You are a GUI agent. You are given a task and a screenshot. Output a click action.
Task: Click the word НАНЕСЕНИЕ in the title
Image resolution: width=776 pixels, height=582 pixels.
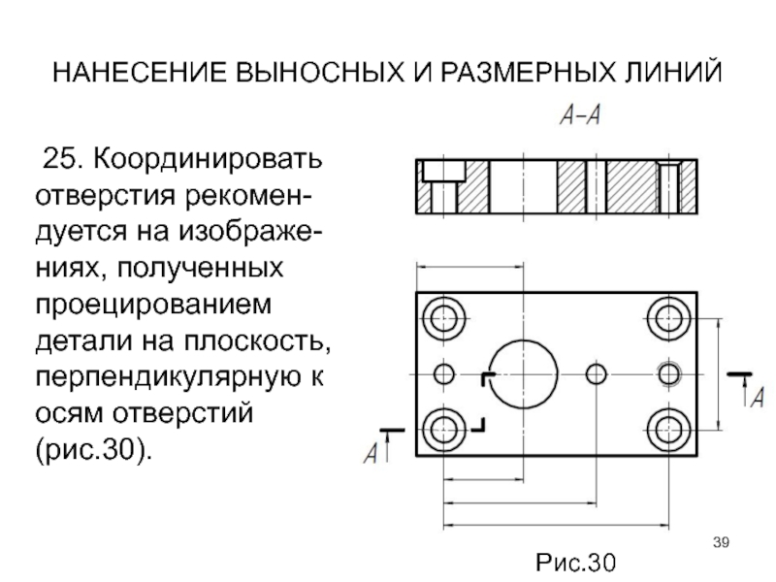pyautogui.click(x=140, y=72)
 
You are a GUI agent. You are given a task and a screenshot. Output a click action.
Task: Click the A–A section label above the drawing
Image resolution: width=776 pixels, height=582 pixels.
pyautogui.click(x=580, y=115)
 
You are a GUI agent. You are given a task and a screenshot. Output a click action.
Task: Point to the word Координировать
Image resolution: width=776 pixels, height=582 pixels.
pyautogui.click(x=208, y=160)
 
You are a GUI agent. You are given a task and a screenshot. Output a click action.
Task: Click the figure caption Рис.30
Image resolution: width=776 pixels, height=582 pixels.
pyautogui.click(x=576, y=563)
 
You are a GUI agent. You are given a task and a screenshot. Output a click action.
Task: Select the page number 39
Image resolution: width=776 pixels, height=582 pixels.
pyautogui.click(x=721, y=542)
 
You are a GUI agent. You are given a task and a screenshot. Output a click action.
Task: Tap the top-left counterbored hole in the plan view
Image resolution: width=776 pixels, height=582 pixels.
pyautogui.click(x=444, y=318)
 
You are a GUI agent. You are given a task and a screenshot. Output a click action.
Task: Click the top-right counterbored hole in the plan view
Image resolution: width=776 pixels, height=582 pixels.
pyautogui.click(x=668, y=318)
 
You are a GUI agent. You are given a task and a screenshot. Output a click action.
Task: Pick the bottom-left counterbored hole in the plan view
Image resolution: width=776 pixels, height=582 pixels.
pyautogui.click(x=444, y=430)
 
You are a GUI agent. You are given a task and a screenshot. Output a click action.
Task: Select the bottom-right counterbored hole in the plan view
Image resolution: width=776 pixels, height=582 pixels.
pyautogui.click(x=668, y=430)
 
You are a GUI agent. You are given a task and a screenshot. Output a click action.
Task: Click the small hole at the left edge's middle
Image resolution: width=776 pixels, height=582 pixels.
pyautogui.click(x=444, y=374)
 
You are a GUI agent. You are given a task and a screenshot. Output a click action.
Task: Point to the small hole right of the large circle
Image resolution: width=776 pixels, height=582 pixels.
pyautogui.click(x=597, y=374)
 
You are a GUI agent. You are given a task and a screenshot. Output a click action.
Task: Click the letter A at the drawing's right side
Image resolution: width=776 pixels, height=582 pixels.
pyautogui.click(x=758, y=398)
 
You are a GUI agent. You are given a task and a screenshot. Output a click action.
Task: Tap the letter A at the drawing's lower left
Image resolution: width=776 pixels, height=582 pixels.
pyautogui.click(x=371, y=453)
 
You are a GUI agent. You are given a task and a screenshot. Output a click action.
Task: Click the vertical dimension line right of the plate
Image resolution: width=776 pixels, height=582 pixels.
pyautogui.click(x=719, y=374)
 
